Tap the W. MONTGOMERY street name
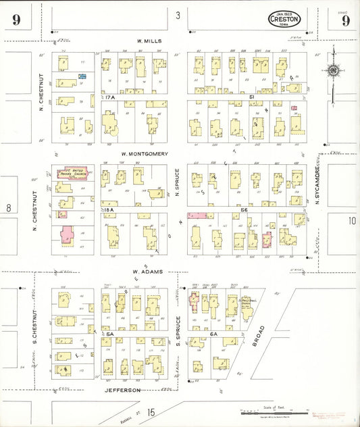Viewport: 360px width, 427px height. point(145,153)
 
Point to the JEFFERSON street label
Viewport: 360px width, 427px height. point(122,391)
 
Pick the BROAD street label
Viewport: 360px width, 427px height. point(259,336)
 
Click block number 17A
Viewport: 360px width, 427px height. point(111,98)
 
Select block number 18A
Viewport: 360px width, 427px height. point(110,211)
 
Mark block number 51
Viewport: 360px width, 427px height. point(251,98)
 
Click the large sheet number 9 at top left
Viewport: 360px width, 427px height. point(15,20)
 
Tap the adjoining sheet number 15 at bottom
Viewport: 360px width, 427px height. point(151,411)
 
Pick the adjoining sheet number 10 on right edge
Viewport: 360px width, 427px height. point(351,221)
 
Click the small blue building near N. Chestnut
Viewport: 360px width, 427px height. point(82,77)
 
